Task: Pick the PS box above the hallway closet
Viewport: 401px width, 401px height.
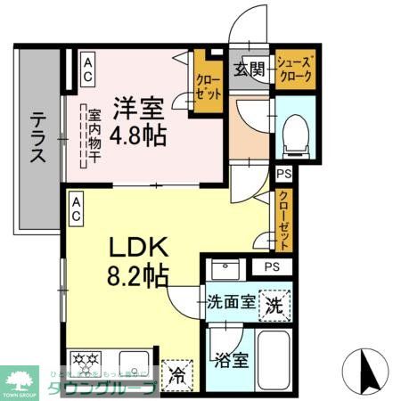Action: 283,174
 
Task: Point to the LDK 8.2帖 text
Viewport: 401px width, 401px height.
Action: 138,258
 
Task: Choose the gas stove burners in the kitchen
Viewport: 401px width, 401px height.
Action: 90,364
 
